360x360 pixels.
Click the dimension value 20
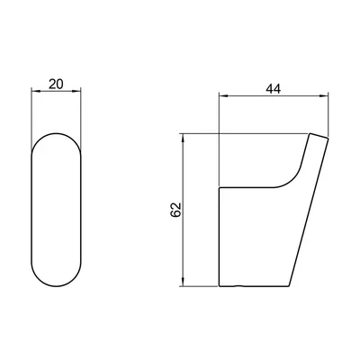(56, 85)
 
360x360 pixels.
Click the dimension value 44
(274, 89)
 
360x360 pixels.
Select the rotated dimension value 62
(175, 210)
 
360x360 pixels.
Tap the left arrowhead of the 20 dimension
(35, 91)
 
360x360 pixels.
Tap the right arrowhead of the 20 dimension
(77, 91)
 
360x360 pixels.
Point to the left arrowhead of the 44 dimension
(223, 95)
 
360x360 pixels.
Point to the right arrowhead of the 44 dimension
(325, 95)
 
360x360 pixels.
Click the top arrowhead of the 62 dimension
(183, 137)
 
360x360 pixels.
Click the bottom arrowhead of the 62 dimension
(183, 283)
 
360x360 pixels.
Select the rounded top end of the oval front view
(56, 133)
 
